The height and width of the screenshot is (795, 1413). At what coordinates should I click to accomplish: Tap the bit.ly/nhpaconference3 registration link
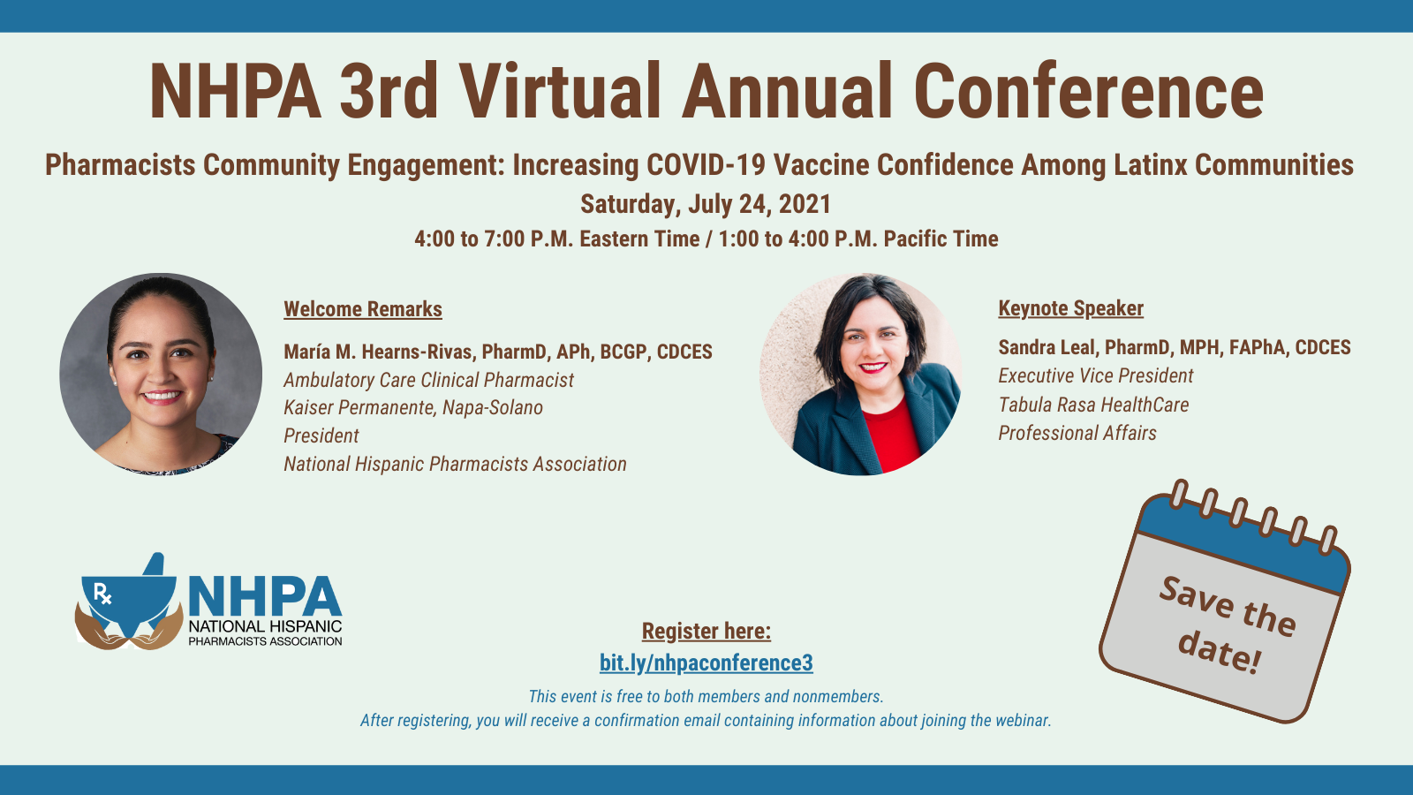pyautogui.click(x=706, y=662)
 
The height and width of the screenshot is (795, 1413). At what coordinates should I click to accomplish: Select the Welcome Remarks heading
pyautogui.click(x=362, y=309)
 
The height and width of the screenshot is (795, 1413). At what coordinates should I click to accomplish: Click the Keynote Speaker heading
pyautogui.click(x=1070, y=308)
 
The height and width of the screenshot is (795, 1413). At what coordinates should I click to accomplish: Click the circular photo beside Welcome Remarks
pyautogui.click(x=161, y=374)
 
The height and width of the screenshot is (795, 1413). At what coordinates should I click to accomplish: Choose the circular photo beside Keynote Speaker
pyautogui.click(x=861, y=374)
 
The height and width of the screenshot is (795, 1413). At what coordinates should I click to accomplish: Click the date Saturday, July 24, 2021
pyautogui.click(x=706, y=204)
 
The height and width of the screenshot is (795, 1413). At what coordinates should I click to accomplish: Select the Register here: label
pyautogui.click(x=706, y=631)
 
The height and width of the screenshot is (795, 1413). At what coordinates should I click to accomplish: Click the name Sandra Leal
pyautogui.click(x=1048, y=347)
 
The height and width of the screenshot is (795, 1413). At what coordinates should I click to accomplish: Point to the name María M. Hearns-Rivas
pyautogui.click(x=378, y=352)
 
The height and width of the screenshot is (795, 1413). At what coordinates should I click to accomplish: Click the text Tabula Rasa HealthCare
pyautogui.click(x=1093, y=405)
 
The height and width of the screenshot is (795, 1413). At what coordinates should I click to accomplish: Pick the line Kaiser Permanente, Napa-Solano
pyautogui.click(x=412, y=407)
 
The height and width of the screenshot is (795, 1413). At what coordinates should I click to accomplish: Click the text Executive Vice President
pyautogui.click(x=1095, y=375)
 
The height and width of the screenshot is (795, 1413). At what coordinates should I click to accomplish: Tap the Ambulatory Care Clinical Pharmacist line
pyautogui.click(x=428, y=380)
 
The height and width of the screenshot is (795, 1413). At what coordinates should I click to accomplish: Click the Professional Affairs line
pyautogui.click(x=1077, y=433)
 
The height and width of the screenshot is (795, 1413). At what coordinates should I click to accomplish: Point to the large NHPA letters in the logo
pyautogui.click(x=264, y=596)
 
